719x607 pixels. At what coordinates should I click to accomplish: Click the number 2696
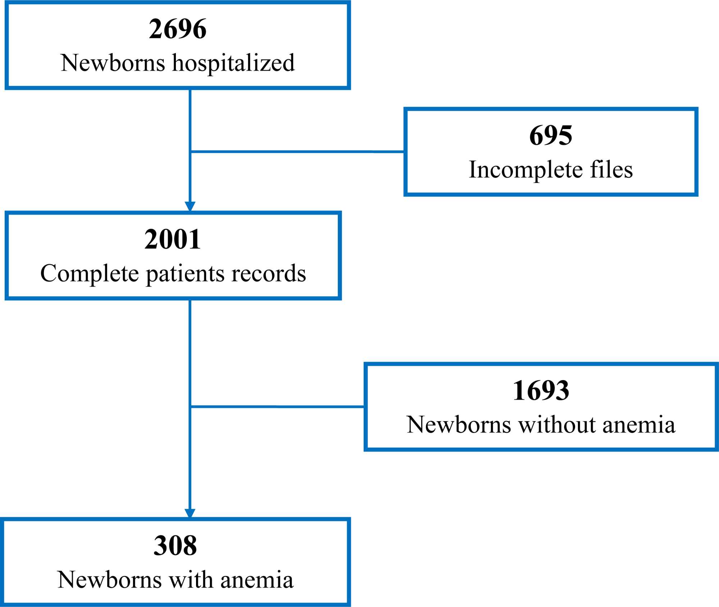pyautogui.click(x=178, y=29)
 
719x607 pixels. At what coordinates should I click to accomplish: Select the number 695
pyautogui.click(x=550, y=136)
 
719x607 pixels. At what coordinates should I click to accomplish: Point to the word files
pyautogui.click(x=611, y=170)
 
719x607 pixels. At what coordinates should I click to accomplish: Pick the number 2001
pyautogui.click(x=172, y=239)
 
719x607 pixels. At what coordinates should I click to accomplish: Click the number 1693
pyautogui.click(x=541, y=391)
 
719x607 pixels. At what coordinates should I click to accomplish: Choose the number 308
pyautogui.click(x=175, y=546)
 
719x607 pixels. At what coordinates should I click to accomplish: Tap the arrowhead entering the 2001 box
pyautogui.click(x=190, y=206)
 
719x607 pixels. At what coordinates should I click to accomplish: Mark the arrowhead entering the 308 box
pyautogui.click(x=190, y=513)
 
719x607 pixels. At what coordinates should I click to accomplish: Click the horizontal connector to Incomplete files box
pyautogui.click(x=297, y=152)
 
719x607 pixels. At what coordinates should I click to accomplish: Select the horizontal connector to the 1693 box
pyautogui.click(x=277, y=407)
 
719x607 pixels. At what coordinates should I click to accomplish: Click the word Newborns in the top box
pyautogui.click(x=113, y=63)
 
